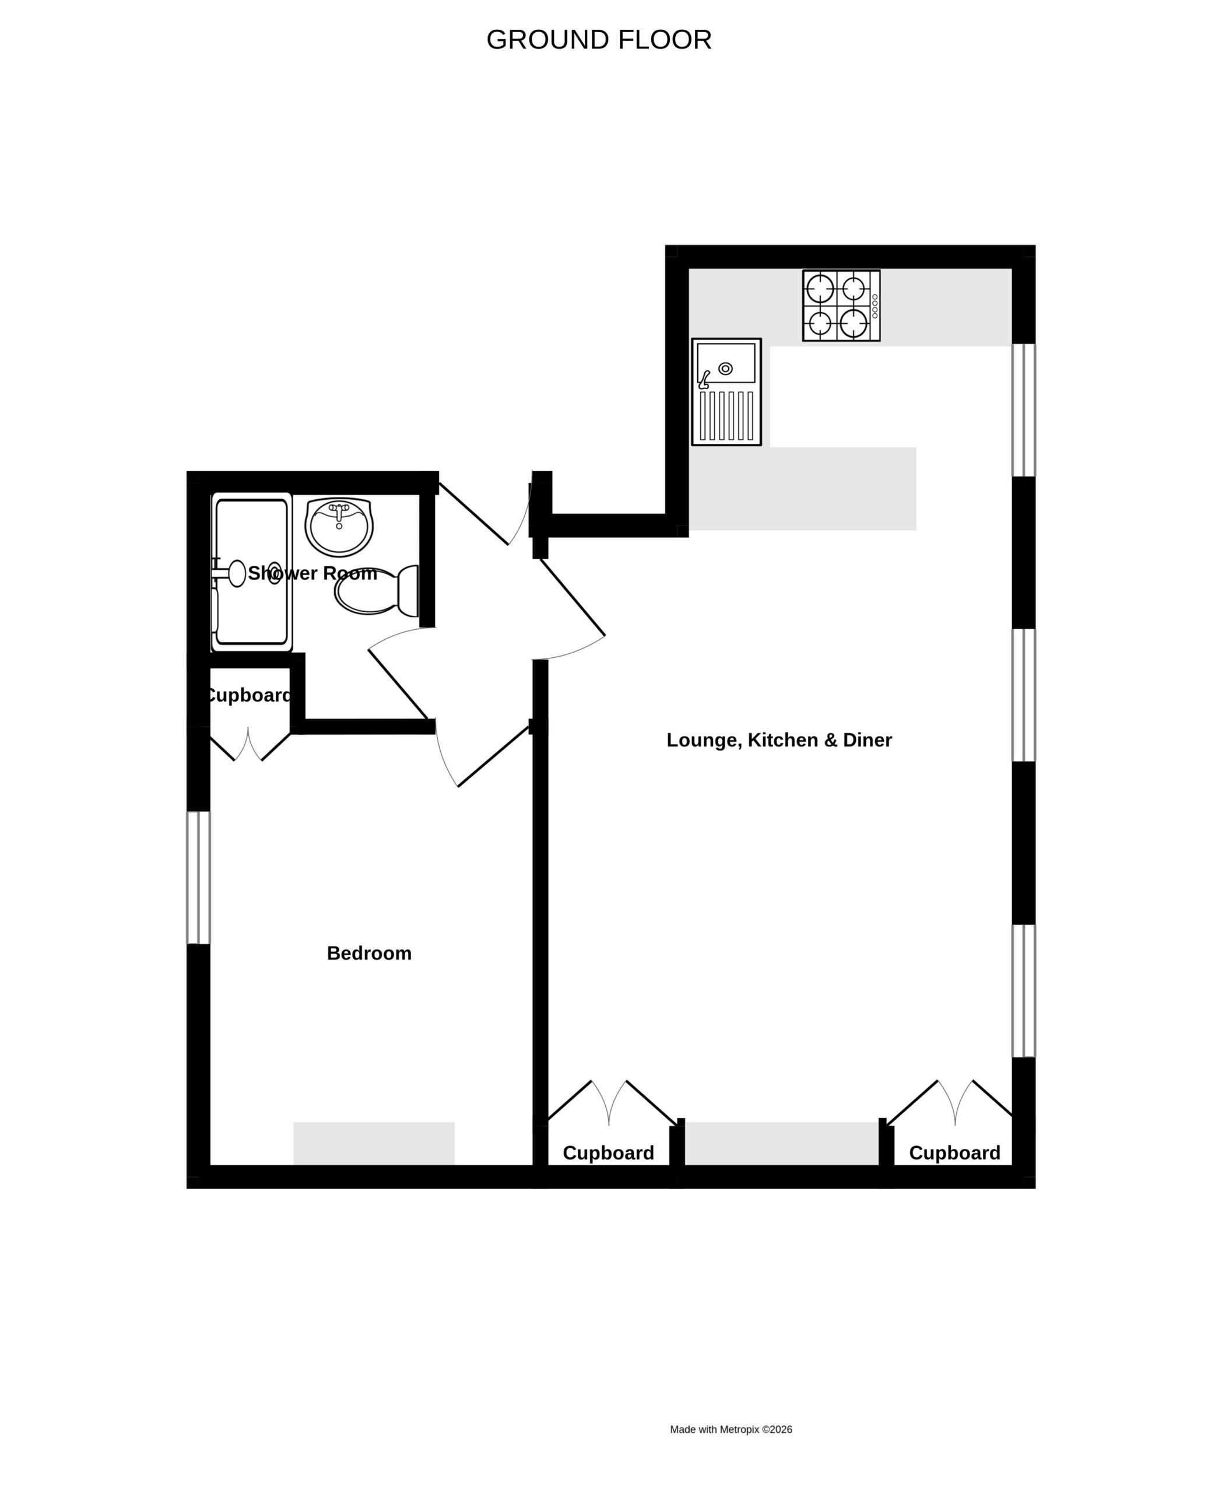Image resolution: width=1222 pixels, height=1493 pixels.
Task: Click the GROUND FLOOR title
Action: click(598, 40)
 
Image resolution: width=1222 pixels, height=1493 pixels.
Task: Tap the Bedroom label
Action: click(369, 953)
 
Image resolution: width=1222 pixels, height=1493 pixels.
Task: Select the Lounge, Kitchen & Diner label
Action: click(778, 740)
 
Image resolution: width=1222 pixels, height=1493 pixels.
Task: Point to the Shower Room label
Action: click(312, 573)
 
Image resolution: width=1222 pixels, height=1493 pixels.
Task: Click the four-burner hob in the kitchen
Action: click(841, 306)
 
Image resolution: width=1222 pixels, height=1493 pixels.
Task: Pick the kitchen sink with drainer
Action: click(726, 391)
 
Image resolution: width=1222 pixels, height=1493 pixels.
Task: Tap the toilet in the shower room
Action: click(377, 590)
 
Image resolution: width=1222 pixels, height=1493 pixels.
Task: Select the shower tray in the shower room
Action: click(251, 572)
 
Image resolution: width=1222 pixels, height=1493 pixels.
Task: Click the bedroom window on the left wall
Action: click(198, 878)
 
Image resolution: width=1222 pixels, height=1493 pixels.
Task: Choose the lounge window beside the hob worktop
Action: click(1024, 410)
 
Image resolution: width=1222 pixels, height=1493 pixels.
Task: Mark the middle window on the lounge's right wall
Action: click(1024, 695)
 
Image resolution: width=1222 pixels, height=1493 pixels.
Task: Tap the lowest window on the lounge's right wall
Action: click(1024, 991)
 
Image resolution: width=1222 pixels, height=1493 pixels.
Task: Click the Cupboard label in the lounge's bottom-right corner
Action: click(954, 1153)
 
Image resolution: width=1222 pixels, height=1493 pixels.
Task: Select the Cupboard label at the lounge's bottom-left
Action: click(608, 1153)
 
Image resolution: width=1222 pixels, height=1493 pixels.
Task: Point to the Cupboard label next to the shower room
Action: click(248, 695)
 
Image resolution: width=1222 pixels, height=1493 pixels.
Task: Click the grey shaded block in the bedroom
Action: click(374, 1143)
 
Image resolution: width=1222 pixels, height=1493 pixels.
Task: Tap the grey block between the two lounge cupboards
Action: click(782, 1143)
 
